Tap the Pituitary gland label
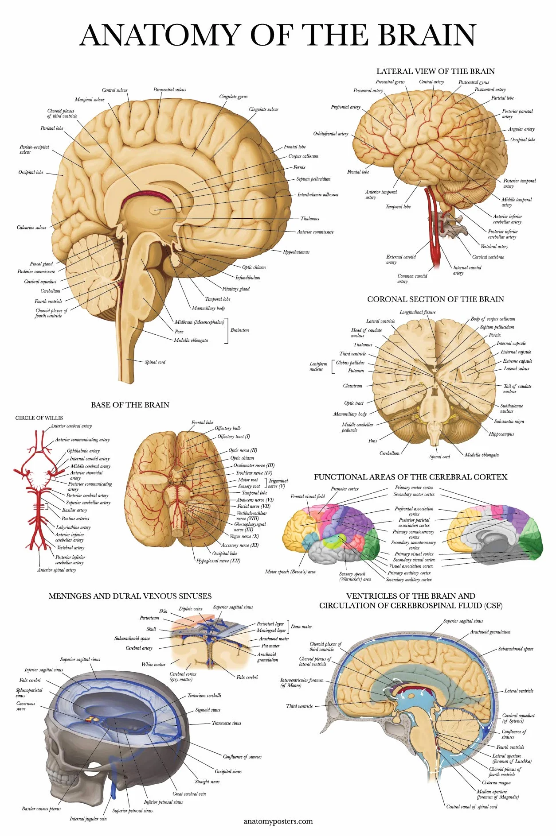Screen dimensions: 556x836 pos(236,289)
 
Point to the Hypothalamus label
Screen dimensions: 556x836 pos(296,252)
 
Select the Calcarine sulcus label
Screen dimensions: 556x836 pos(31,228)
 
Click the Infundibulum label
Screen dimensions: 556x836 pos(248,278)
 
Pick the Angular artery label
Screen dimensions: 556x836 pos(521,129)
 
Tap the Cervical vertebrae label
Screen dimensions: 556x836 pos(488,257)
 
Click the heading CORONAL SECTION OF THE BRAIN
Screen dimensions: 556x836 pos(435,299)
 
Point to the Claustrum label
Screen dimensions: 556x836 pos(352,386)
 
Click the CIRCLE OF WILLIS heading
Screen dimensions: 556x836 pos(39,418)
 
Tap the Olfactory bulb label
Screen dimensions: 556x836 pos(227,428)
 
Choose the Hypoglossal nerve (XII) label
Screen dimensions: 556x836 pos(218,561)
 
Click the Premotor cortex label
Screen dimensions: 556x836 pos(345,489)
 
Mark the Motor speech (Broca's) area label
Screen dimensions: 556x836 pos(290,572)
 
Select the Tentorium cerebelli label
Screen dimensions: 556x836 pos(204,696)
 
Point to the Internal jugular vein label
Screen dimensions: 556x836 pos(88,819)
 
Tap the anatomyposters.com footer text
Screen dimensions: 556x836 pos(278,821)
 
